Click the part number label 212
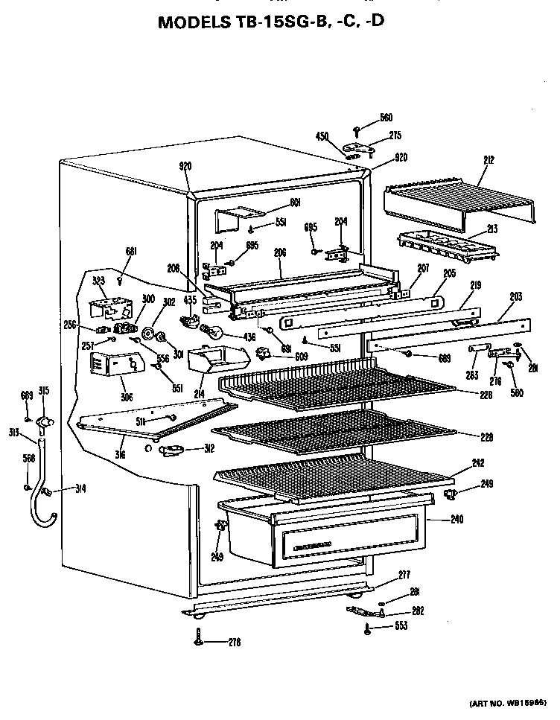489,159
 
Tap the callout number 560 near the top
386,117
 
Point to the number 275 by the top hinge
395,135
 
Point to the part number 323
99,281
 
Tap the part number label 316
121,453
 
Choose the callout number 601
295,201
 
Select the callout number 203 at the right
515,296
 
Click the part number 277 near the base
404,574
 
